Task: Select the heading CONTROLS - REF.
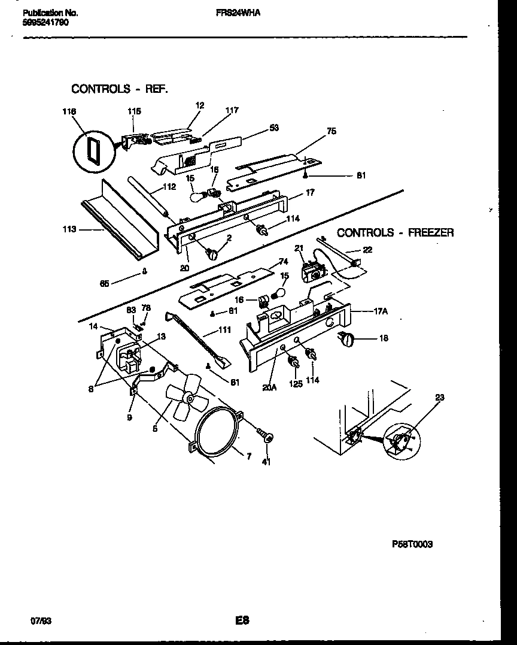click(x=119, y=89)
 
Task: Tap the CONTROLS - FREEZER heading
click(x=395, y=232)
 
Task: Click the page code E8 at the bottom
click(x=242, y=620)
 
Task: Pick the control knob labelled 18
click(x=346, y=340)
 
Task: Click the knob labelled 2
click(x=212, y=254)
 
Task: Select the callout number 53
click(x=273, y=127)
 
